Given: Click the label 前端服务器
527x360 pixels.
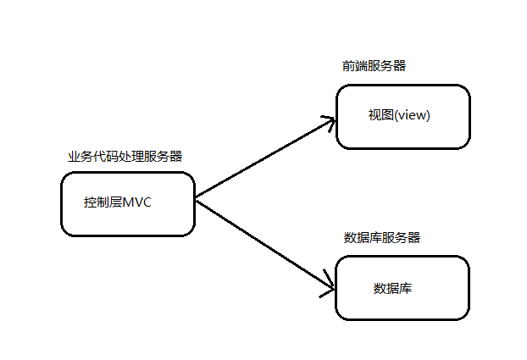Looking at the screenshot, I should click(374, 65).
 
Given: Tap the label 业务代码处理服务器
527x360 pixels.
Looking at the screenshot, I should click(125, 156).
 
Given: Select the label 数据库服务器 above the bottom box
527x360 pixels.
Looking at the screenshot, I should click(382, 237).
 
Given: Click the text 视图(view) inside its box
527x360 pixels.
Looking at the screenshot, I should click(399, 115).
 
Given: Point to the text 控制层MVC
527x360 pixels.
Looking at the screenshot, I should click(118, 202).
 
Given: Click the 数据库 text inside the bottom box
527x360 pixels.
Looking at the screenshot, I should click(393, 288).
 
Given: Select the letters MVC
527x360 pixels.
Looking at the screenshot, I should click(137, 202).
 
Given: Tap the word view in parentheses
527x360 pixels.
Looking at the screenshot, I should click(413, 115).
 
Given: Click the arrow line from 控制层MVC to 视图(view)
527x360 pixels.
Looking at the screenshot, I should click(263, 160).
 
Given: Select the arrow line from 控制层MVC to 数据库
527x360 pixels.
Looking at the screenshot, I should click(263, 245).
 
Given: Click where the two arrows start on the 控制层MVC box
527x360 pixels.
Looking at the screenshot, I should click(196, 199).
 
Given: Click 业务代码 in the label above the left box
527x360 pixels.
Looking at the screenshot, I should click(94, 156).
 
